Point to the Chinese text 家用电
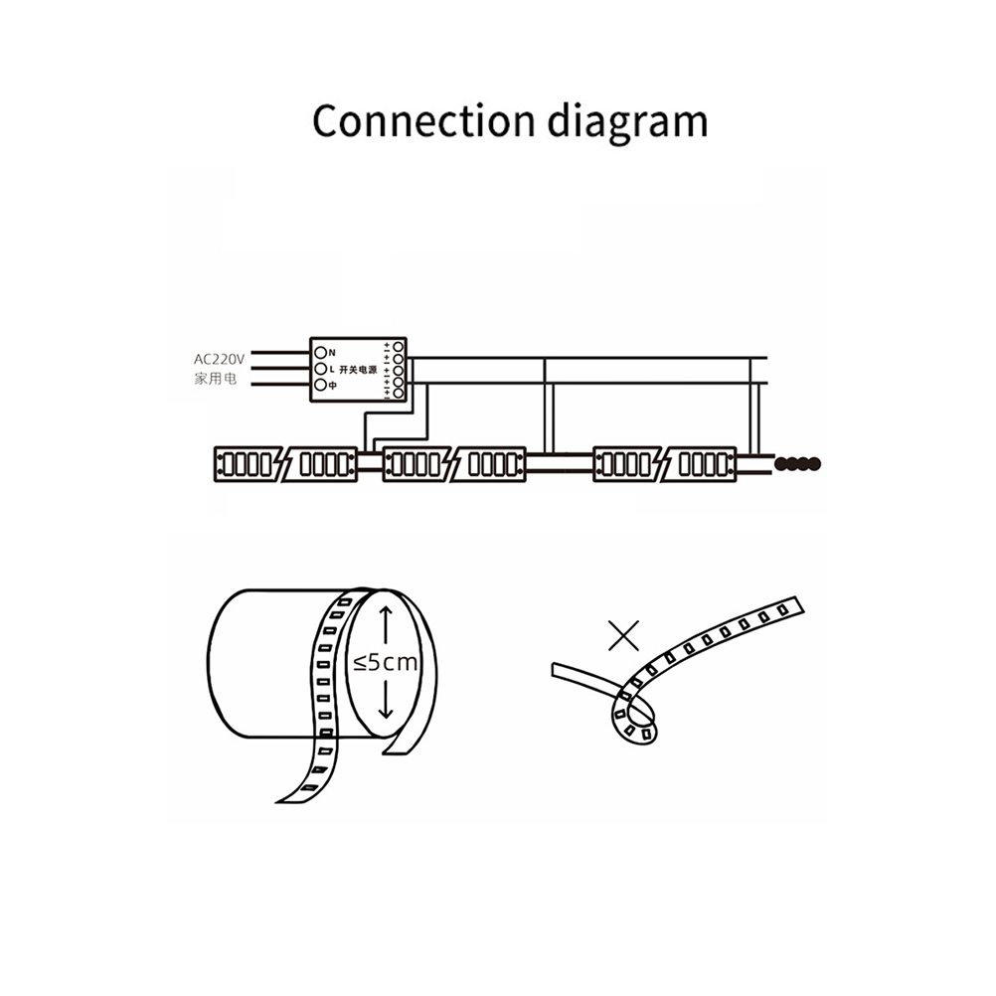pyautogui.click(x=215, y=379)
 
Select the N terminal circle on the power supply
pyautogui.click(x=320, y=352)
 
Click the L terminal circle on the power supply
pyautogui.click(x=320, y=369)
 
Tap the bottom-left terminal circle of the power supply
pyautogui.click(x=320, y=385)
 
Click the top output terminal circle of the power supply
pyautogui.click(x=399, y=346)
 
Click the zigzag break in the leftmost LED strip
pyautogui.click(x=285, y=464)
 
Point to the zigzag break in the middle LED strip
pyautogui.click(x=454, y=464)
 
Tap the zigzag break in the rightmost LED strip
pyautogui.click(x=664, y=464)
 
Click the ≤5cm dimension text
pyautogui.click(x=386, y=663)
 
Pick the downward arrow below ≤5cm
pyautogui.click(x=387, y=702)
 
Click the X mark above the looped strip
pyautogui.click(x=623, y=634)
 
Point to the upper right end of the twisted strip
pyautogui.click(x=790, y=606)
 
